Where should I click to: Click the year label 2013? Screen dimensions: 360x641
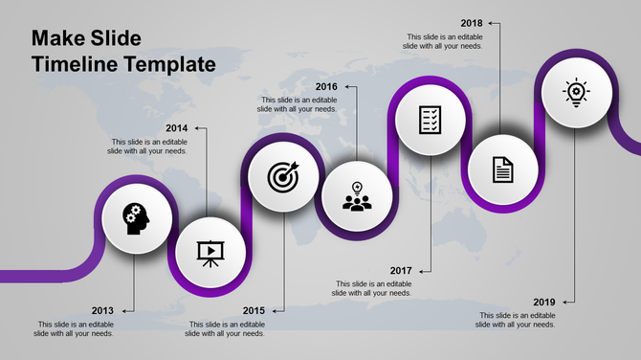[102, 310]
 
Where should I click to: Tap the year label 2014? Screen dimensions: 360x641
[176, 127]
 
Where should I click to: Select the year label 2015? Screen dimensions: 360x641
[254, 310]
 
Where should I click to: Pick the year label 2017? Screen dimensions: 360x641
[400, 270]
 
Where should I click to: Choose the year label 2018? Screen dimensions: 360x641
[471, 22]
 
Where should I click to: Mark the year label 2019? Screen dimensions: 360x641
[543, 302]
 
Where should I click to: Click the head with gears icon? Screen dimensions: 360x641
[135, 218]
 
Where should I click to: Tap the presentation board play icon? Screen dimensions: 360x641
[208, 252]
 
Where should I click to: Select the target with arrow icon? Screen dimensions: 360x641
[283, 176]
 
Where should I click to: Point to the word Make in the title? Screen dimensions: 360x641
[56, 39]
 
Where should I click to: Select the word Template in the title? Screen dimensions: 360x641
[168, 65]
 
